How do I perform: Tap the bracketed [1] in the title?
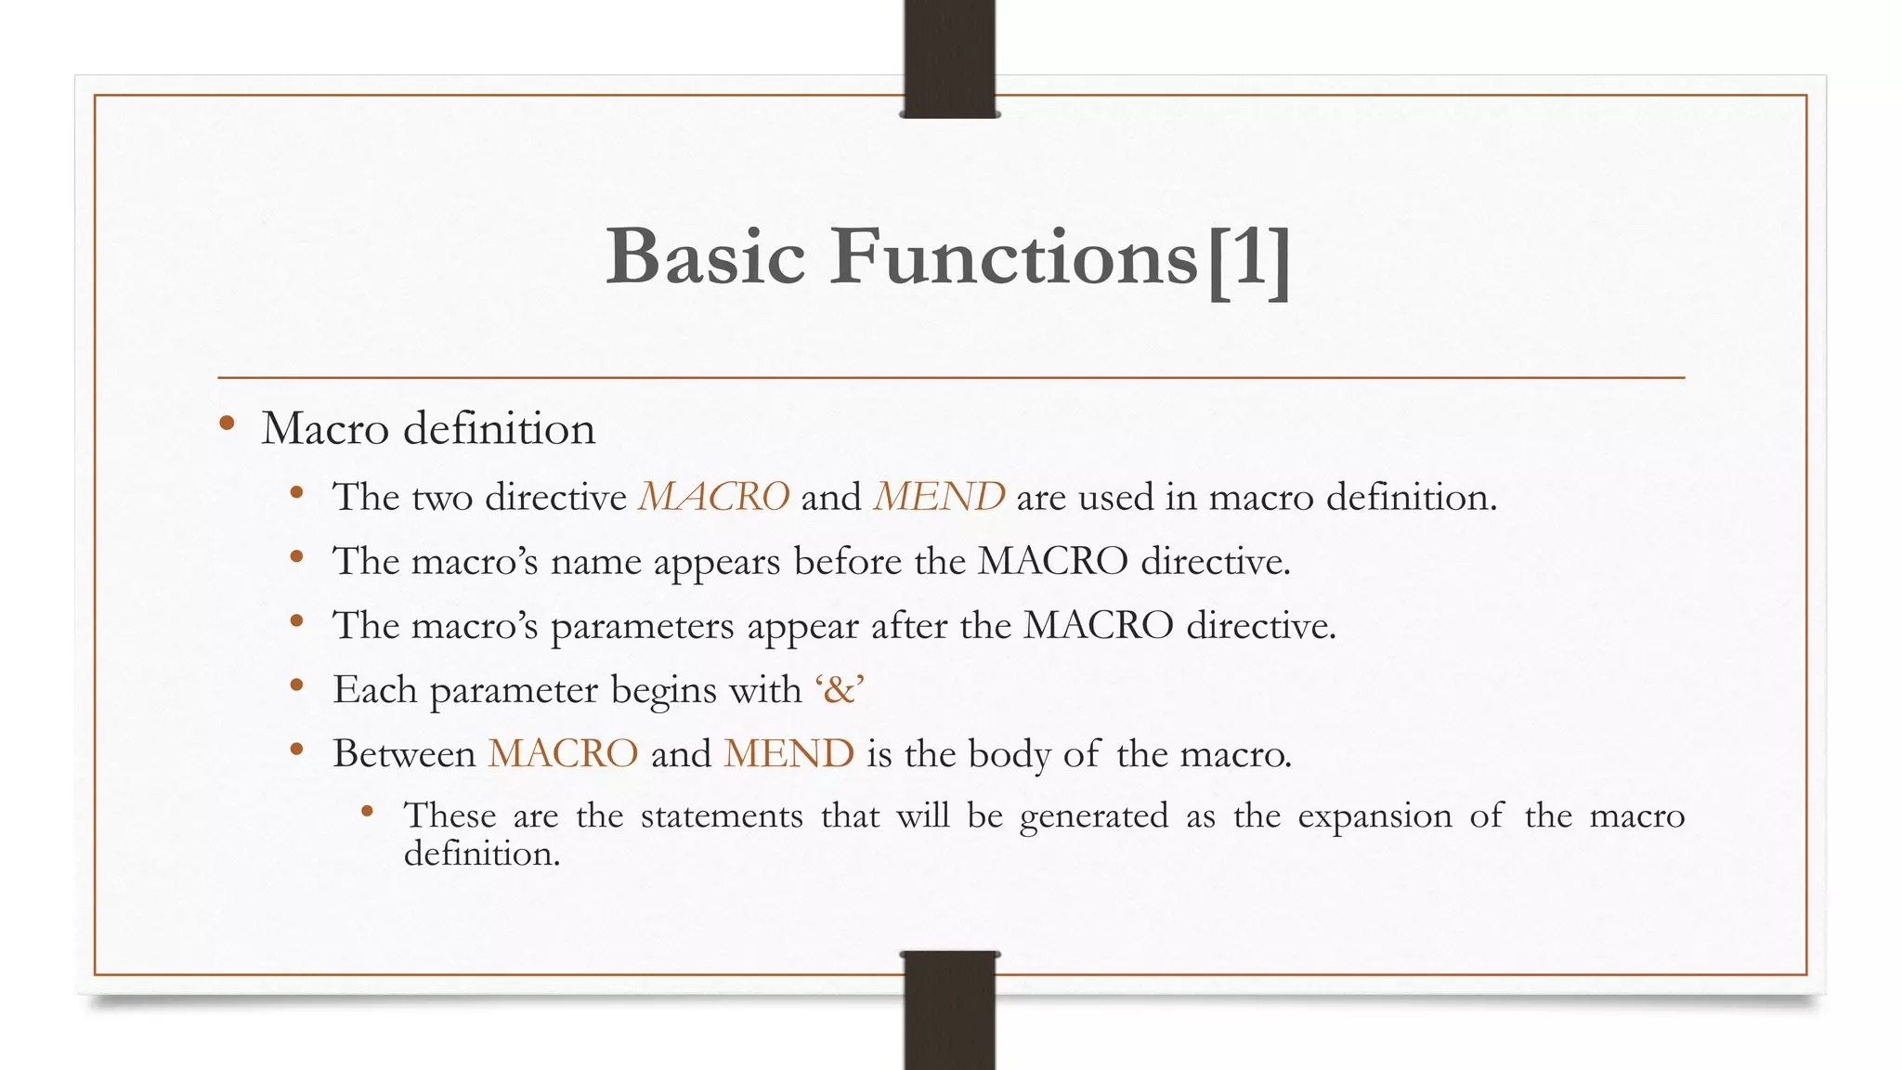pyautogui.click(x=1249, y=260)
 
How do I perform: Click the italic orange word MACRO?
pyautogui.click(x=714, y=497)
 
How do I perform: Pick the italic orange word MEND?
pyautogui.click(x=939, y=497)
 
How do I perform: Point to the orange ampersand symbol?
pyautogui.click(x=840, y=690)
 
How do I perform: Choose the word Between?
pyautogui.click(x=404, y=753)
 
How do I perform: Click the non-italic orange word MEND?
pyautogui.click(x=788, y=753)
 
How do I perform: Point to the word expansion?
pyautogui.click(x=1374, y=816)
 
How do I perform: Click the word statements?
pyautogui.click(x=722, y=816)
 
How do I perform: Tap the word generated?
pyautogui.click(x=1093, y=816)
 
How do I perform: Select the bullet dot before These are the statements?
pyautogui.click(x=368, y=812)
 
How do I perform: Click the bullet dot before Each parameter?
pyautogui.click(x=297, y=685)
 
